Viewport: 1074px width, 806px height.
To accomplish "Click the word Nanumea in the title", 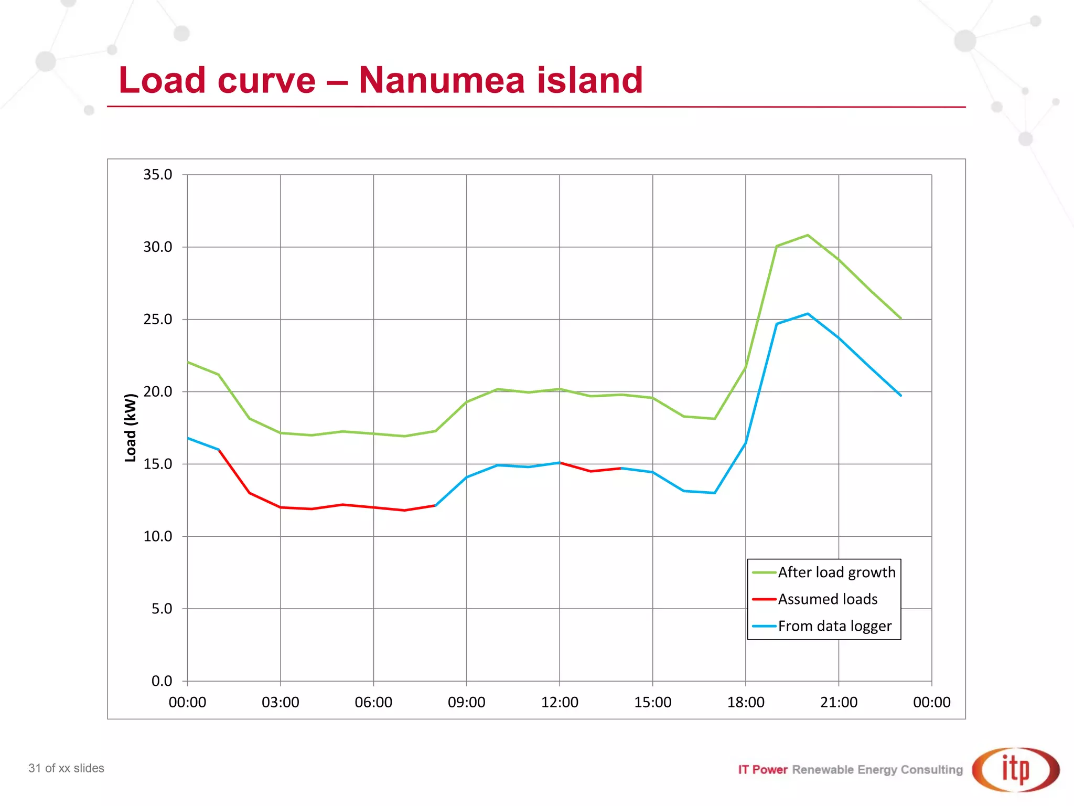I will click(442, 80).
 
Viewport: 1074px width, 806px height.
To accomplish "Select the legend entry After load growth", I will click(836, 572).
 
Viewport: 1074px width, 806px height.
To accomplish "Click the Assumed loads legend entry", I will click(827, 599).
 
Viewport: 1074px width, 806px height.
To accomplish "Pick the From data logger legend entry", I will click(834, 626).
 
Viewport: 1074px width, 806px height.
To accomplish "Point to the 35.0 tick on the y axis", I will click(157, 175).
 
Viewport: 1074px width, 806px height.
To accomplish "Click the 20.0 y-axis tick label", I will click(157, 391).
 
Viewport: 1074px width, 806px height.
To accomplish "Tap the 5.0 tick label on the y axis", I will click(162, 609).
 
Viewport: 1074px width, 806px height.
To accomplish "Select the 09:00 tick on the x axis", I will click(466, 702).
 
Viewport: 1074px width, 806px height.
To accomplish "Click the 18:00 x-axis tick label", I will click(745, 702).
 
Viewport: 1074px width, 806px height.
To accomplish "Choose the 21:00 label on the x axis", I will click(839, 702).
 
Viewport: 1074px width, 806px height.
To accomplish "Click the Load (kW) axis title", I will click(130, 428).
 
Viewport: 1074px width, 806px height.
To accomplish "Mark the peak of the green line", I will click(808, 235).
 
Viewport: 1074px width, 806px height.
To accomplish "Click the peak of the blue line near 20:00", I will click(808, 314).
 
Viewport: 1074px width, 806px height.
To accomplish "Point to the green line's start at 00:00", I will click(188, 362).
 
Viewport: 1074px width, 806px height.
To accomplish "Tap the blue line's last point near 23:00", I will click(900, 395).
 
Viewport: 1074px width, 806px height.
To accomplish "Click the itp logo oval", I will click(1016, 769).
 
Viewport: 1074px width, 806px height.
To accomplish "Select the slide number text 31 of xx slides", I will click(67, 768).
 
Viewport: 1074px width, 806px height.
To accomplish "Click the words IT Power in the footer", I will click(762, 770).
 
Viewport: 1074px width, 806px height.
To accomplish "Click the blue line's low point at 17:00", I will click(714, 493).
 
